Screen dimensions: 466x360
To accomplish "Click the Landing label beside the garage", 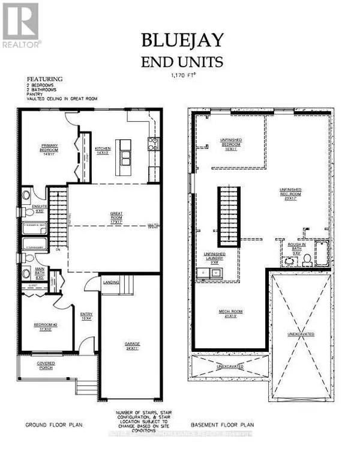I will point(111,282).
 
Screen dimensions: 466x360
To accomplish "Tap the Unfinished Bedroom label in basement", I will point(230,145).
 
